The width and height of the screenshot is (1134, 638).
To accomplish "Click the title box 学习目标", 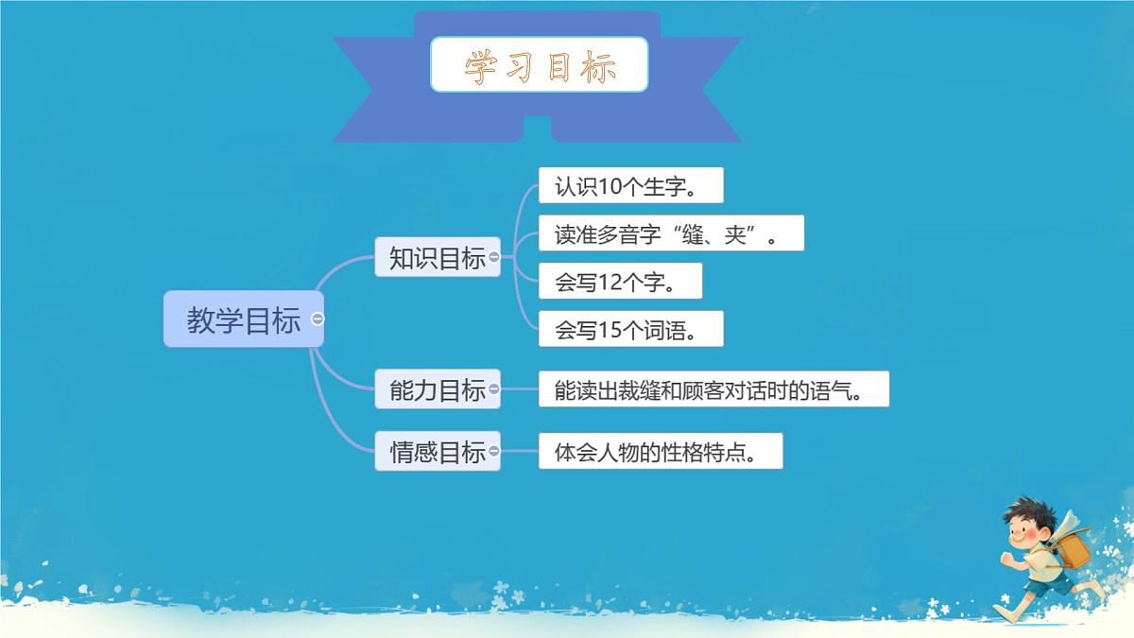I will [x=539, y=64].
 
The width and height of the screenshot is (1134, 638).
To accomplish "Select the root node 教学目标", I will [x=243, y=319].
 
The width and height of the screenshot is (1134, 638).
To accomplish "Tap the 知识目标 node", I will [x=437, y=257].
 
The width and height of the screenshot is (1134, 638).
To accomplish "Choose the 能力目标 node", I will [x=437, y=388].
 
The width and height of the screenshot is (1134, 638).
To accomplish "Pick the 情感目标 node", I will [x=437, y=452].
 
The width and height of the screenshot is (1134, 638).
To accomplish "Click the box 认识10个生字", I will [x=630, y=185].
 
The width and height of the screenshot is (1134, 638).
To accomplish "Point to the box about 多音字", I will [x=671, y=233].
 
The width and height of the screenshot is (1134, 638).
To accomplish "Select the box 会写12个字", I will [x=620, y=281].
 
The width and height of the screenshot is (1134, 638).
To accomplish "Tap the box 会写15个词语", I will [x=630, y=329].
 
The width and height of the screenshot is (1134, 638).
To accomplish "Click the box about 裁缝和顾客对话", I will [x=713, y=388].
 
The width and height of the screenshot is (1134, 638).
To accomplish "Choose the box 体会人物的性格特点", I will [x=661, y=452].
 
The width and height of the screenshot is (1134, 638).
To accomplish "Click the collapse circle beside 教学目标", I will [x=318, y=319].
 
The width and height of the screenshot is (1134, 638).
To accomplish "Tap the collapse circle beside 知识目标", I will [x=494, y=257].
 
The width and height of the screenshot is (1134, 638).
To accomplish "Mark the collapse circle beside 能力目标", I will [x=494, y=388].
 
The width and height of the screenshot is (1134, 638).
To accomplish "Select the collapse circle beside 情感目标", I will [x=494, y=452].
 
